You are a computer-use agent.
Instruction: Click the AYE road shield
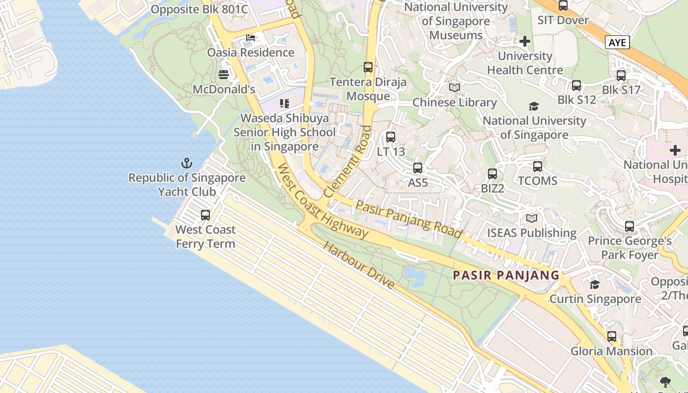tap(617, 43)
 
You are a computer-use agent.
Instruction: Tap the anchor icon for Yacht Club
tap(187, 163)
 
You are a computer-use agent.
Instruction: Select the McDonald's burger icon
tap(224, 75)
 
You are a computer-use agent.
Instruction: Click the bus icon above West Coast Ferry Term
tap(205, 215)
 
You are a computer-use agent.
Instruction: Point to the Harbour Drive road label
tap(359, 265)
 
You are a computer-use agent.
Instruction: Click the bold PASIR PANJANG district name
tap(506, 275)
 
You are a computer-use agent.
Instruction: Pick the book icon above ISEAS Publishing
tap(532, 218)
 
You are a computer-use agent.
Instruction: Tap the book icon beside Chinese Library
tap(455, 88)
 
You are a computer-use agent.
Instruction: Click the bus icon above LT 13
tap(391, 137)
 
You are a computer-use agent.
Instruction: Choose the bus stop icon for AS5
tap(418, 168)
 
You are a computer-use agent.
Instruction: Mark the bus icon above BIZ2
tap(492, 174)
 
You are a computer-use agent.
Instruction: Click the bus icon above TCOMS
tap(538, 167)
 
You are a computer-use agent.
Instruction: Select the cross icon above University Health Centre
tap(525, 41)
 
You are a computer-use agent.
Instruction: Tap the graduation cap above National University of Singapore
tap(534, 106)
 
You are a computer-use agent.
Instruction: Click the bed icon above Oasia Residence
tap(251, 38)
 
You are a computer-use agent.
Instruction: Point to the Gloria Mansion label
tap(611, 351)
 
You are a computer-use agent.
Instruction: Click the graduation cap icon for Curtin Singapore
tap(595, 285)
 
